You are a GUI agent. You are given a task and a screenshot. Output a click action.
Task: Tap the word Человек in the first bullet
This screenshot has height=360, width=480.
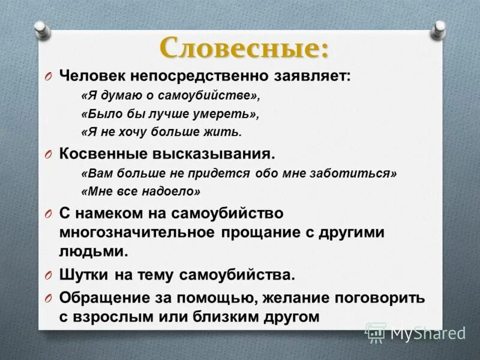(x=88, y=76)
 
